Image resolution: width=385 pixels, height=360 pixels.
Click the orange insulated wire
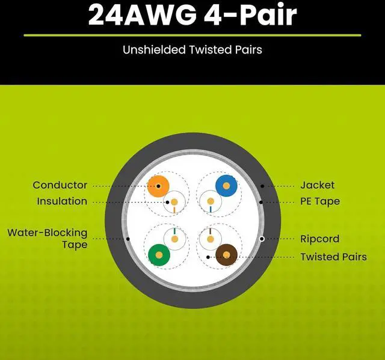coord(158,186)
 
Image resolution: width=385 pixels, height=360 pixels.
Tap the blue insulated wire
coord(226,186)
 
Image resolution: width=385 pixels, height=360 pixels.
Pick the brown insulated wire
coord(226,254)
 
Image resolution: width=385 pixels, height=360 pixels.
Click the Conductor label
coord(60,185)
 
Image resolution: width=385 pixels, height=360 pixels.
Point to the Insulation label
coord(62,201)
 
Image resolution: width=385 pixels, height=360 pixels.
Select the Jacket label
coord(317,185)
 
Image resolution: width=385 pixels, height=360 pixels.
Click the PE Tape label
coord(320,201)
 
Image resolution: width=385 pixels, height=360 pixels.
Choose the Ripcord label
coord(319,239)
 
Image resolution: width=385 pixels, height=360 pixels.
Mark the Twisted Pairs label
coord(333,257)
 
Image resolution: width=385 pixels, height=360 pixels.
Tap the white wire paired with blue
coord(211,202)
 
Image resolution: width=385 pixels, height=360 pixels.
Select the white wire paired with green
coord(174,239)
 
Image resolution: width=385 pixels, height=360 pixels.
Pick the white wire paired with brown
coord(211,239)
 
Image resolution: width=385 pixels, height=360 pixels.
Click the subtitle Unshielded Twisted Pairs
coord(192,49)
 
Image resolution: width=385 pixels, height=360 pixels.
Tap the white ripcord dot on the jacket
coord(262,239)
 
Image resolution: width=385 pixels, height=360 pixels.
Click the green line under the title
coord(192,35)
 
